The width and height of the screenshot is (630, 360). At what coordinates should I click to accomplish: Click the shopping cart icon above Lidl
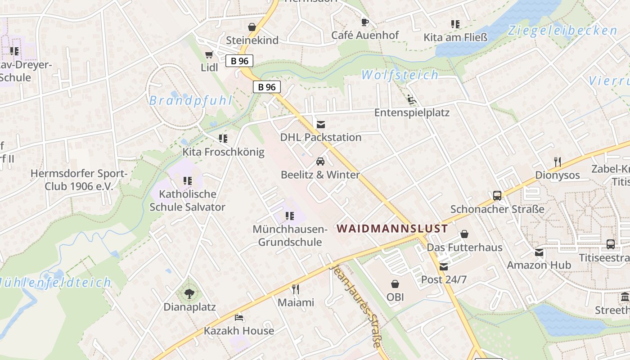[x=209, y=55]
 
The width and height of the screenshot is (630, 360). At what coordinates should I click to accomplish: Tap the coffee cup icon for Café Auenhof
[x=365, y=22]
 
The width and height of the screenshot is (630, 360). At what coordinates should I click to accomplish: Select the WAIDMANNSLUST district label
[x=392, y=229]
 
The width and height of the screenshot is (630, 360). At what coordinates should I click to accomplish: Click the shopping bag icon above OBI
[x=395, y=284]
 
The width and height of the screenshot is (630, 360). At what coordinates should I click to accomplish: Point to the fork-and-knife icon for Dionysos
[x=557, y=162]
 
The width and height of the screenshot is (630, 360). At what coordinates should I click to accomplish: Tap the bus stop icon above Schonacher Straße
[x=497, y=196]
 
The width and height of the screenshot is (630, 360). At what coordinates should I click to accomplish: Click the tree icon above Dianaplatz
[x=189, y=294]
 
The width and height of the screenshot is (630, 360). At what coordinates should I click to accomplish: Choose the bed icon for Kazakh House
[x=239, y=318]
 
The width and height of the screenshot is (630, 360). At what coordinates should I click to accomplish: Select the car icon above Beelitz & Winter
[x=320, y=162]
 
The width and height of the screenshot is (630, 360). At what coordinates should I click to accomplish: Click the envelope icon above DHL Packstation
[x=321, y=124]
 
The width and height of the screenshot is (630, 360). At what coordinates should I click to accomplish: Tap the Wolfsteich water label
[x=400, y=75]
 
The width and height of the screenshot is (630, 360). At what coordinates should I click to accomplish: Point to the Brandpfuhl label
[x=191, y=100]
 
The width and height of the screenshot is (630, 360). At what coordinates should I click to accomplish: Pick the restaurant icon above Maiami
[x=296, y=289]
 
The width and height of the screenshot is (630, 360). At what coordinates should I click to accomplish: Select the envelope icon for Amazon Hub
[x=539, y=252]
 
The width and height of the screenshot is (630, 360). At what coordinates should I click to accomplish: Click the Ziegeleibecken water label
[x=562, y=31]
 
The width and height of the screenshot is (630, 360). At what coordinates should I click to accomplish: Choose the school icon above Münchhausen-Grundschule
[x=290, y=216]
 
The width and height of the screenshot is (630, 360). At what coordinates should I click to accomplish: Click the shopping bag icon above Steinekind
[x=252, y=27]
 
